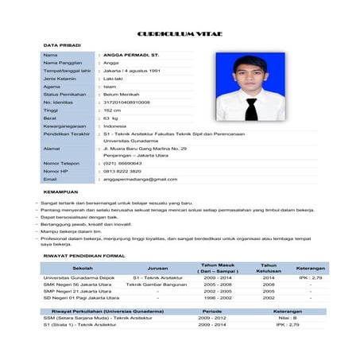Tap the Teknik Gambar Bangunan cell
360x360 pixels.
click(157, 284)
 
